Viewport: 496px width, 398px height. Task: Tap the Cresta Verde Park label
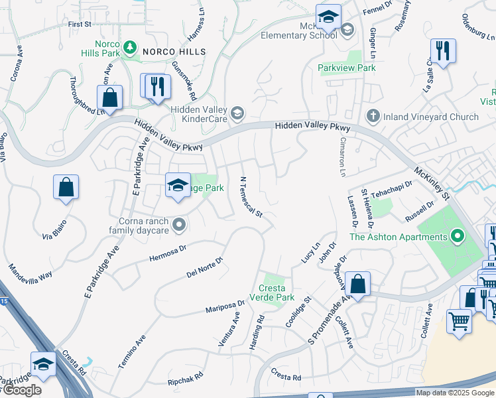click(x=267, y=293)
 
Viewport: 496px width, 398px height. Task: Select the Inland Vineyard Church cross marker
click(x=373, y=116)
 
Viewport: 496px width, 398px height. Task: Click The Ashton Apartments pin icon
click(x=457, y=235)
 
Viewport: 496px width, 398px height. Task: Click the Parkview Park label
click(x=346, y=68)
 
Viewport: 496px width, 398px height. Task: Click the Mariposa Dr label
click(x=225, y=306)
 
